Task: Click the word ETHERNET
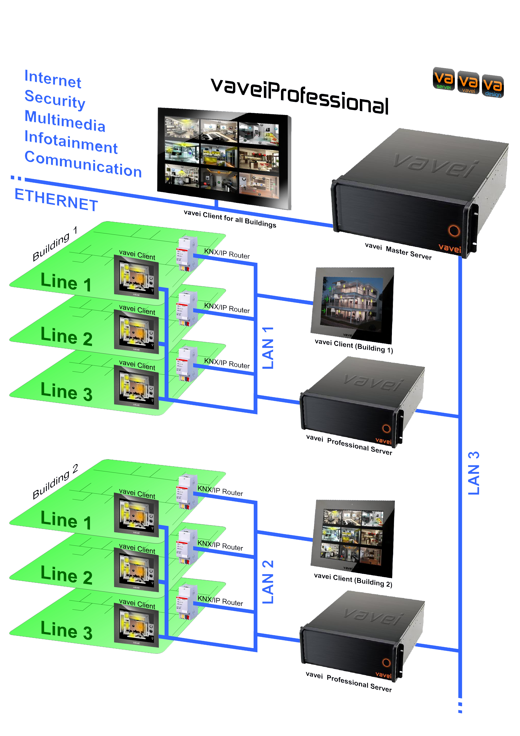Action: click(56, 200)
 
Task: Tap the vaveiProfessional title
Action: click(300, 96)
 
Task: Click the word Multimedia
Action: click(65, 121)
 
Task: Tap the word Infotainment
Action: click(71, 142)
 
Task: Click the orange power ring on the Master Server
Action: click(454, 230)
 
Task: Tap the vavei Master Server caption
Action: click(398, 251)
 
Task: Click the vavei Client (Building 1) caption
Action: click(354, 346)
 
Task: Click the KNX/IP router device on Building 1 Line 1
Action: click(187, 253)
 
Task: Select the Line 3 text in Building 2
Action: click(66, 630)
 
